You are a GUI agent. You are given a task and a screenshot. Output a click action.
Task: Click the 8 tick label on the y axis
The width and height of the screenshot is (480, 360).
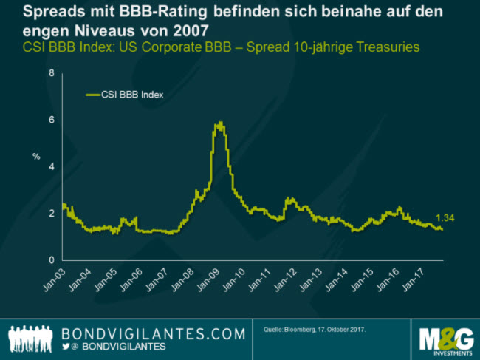tap(52, 73)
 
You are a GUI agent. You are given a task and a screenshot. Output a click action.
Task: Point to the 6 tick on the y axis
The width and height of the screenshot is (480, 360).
tap(52, 120)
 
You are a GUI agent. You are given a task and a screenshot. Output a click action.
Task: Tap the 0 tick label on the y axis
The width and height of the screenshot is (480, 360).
tap(52, 260)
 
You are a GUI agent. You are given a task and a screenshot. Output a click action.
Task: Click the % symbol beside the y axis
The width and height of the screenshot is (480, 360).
tap(35, 156)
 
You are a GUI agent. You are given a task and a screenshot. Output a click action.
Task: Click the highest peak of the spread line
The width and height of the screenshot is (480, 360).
tap(220, 123)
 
